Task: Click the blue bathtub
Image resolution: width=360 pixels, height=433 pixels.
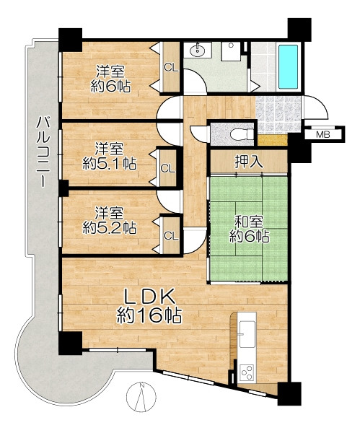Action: click(288, 67)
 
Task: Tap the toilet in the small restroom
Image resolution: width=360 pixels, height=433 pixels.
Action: click(242, 134)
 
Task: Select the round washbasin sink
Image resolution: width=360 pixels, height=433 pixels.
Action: click(198, 50)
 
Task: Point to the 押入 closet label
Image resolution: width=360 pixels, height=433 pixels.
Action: click(249, 162)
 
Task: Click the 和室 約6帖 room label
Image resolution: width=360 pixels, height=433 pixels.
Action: click(249, 229)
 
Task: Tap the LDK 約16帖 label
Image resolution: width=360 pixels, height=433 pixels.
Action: click(149, 306)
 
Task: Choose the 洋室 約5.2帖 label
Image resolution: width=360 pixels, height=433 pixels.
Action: click(110, 221)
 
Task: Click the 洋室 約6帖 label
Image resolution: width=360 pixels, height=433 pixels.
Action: click(110, 79)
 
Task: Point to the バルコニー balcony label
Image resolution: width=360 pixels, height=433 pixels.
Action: click(43, 152)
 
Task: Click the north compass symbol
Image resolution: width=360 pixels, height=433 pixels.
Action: click(141, 395)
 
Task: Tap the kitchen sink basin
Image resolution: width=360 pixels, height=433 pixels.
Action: click(247, 334)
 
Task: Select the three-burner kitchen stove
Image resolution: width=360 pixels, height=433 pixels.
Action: click(247, 373)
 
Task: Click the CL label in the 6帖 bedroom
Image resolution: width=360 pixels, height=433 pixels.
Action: click(171, 67)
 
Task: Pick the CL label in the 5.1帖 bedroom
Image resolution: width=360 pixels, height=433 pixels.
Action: click(168, 168)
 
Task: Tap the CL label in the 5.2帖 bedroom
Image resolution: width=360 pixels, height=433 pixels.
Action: click(171, 236)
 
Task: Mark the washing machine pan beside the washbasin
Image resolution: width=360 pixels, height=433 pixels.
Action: click(231, 51)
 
